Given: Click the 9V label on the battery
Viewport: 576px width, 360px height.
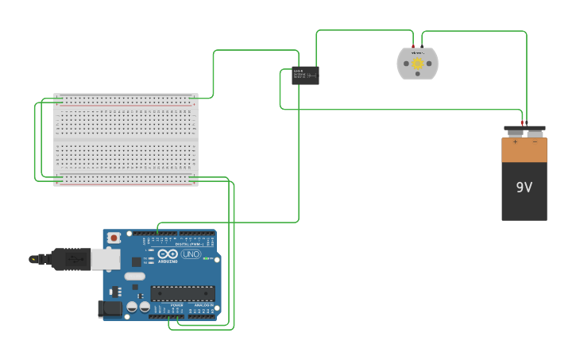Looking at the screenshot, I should [524, 188].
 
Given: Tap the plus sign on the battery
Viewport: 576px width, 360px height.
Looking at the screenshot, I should [514, 141].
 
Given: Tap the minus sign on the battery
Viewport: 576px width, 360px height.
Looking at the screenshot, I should [535, 141].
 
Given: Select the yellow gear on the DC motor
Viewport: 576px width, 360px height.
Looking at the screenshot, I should [417, 64].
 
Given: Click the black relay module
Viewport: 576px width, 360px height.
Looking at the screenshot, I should [305, 75].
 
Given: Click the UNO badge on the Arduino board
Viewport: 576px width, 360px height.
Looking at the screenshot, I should [191, 254].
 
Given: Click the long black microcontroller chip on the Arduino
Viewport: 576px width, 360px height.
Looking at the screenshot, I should [183, 292].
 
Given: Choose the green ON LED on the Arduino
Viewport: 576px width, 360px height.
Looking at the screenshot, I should [206, 259].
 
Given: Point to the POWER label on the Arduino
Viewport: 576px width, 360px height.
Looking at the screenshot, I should [176, 304].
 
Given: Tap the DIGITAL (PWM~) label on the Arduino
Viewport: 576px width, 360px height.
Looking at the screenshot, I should [191, 243].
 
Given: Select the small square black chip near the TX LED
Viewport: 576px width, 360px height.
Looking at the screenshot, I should [136, 261].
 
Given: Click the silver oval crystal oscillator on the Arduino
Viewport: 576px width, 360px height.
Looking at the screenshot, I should [134, 277].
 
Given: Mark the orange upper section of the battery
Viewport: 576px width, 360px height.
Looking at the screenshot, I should [524, 151].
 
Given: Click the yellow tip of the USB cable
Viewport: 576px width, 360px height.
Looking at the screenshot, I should [33, 258].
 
